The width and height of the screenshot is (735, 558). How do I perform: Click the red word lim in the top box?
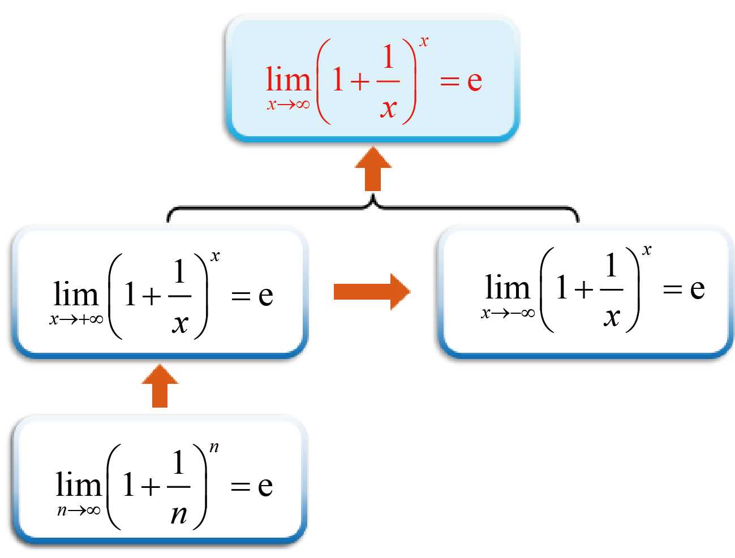click(x=288, y=79)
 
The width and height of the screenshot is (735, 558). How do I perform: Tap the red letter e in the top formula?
click(x=475, y=81)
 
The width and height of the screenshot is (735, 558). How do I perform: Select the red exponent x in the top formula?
click(x=424, y=41)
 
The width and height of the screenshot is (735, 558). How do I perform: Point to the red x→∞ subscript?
click(x=288, y=105)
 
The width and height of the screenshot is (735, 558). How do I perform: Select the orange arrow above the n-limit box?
click(x=160, y=386)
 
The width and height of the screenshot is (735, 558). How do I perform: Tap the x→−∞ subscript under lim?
click(x=508, y=313)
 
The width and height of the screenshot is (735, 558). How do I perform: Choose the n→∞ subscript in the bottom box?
click(x=79, y=511)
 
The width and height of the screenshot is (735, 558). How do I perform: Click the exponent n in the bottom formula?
click(x=214, y=448)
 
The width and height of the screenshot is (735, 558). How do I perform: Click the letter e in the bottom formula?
click(x=265, y=486)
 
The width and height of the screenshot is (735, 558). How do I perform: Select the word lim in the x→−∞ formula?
click(x=508, y=288)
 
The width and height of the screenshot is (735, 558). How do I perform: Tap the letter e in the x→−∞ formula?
click(x=697, y=289)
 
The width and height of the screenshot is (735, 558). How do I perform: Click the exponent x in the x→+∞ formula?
click(x=215, y=257)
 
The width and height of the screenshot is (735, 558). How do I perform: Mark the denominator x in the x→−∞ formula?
click(x=611, y=317)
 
